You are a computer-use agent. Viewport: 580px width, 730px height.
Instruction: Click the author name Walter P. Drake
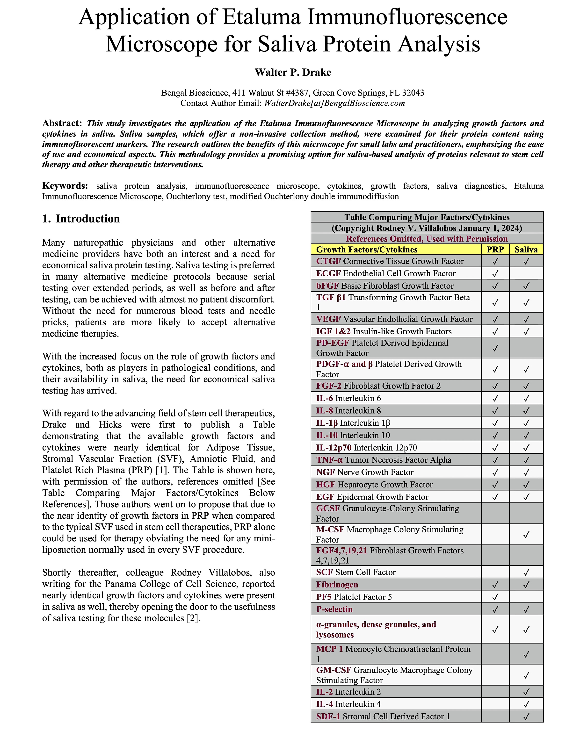tap(293, 72)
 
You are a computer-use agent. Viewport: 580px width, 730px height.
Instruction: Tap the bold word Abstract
tap(62, 123)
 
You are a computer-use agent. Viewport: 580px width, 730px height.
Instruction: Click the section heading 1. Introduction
tap(81, 219)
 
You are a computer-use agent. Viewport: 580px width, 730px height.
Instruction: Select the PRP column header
tap(495, 250)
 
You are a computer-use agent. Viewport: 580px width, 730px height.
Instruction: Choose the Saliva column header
tap(526, 250)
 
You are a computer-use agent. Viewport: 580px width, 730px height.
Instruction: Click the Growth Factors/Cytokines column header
tap(367, 250)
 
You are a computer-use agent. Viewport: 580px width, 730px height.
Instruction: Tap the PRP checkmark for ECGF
tap(495, 273)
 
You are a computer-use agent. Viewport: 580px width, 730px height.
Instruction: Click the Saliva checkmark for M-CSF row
tap(526, 535)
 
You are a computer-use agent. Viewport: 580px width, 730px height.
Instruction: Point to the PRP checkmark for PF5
tap(495, 597)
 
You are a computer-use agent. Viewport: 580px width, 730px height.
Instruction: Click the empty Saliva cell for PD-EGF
tap(526, 348)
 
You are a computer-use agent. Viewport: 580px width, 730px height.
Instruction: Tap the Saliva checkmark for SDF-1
tap(526, 717)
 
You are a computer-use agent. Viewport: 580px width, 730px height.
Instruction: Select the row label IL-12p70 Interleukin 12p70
tap(366, 448)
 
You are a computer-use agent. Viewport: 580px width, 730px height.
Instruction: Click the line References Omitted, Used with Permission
tap(427, 239)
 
